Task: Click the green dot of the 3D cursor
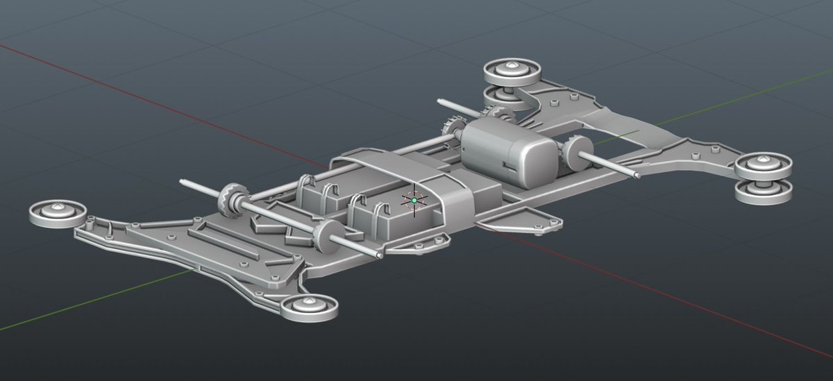pos(414,200)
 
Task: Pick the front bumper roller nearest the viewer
pos(309,306)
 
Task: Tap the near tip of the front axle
pos(379,255)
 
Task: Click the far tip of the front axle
pos(183,183)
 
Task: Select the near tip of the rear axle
pos(635,175)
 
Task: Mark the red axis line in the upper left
pos(104,76)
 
